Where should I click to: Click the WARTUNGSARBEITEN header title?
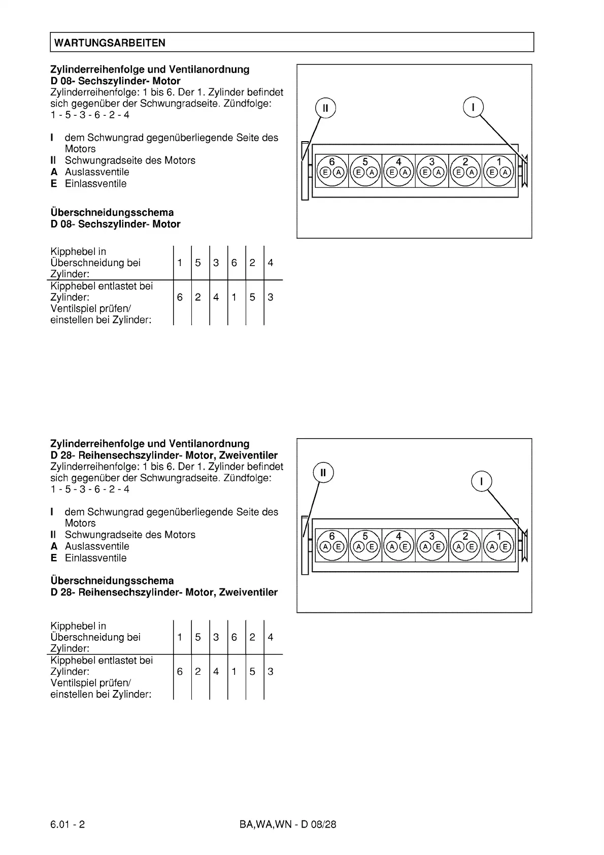(x=110, y=43)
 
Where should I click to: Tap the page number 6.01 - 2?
(x=68, y=824)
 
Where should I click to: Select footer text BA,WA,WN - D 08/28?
(x=288, y=824)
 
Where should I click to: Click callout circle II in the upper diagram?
(x=325, y=108)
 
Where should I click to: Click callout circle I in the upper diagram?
(x=473, y=107)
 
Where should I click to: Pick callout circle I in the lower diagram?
(x=481, y=481)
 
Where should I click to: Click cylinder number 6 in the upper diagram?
(x=332, y=162)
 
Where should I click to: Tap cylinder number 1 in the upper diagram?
(x=499, y=162)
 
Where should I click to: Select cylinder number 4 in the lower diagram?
(x=398, y=536)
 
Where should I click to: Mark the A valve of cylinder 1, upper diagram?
(x=505, y=172)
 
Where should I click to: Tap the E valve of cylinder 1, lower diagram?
(x=505, y=547)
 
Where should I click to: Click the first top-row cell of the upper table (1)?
(x=180, y=262)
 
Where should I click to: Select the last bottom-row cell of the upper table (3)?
(x=271, y=297)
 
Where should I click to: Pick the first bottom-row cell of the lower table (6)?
(x=180, y=671)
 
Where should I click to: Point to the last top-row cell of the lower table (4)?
(x=271, y=637)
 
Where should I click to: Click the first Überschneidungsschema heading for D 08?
(x=112, y=212)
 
